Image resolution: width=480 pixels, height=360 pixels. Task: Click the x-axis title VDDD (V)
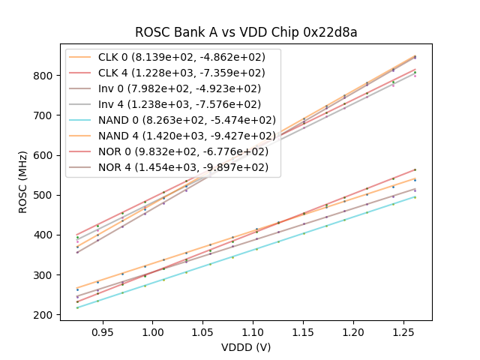[245, 347]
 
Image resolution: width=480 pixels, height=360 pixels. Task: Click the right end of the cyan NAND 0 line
[415, 196]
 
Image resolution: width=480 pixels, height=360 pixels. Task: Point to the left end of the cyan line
[77, 307]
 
